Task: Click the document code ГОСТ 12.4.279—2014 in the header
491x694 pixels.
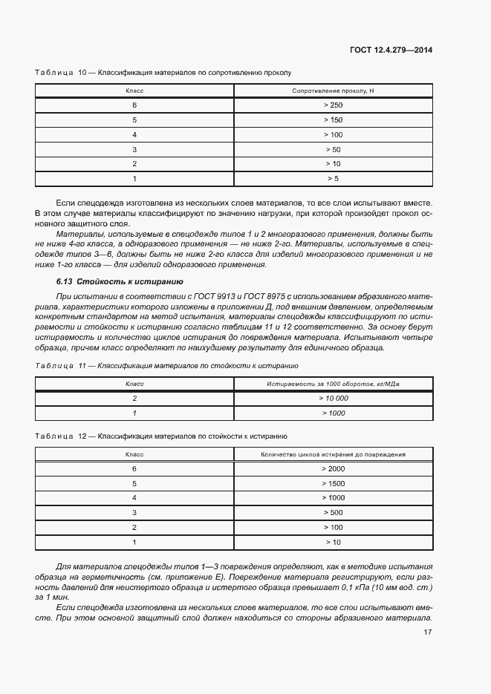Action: [x=391, y=50]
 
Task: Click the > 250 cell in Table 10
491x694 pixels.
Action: [x=333, y=105]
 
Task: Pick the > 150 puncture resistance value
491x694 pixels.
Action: [x=333, y=120]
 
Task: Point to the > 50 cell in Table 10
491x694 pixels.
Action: [x=333, y=149]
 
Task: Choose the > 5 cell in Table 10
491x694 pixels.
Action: [x=333, y=179]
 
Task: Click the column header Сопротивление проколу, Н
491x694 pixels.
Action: [x=333, y=91]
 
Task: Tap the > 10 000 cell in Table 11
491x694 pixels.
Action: [x=333, y=398]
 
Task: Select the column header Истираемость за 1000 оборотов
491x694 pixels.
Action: [x=333, y=384]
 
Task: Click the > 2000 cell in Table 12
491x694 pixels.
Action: [x=333, y=468]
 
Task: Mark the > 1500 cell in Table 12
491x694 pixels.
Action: [x=333, y=483]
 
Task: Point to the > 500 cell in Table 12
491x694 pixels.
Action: [x=333, y=512]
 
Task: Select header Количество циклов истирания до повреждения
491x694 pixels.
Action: [x=333, y=454]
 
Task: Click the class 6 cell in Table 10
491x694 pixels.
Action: [x=134, y=105]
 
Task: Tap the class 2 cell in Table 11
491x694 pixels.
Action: [x=134, y=398]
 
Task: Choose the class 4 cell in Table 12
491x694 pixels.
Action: [x=134, y=497]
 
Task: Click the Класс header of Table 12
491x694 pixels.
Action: [x=134, y=454]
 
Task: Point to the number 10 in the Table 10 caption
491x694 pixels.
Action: [x=82, y=73]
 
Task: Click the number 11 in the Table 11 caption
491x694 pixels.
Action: [x=82, y=366]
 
